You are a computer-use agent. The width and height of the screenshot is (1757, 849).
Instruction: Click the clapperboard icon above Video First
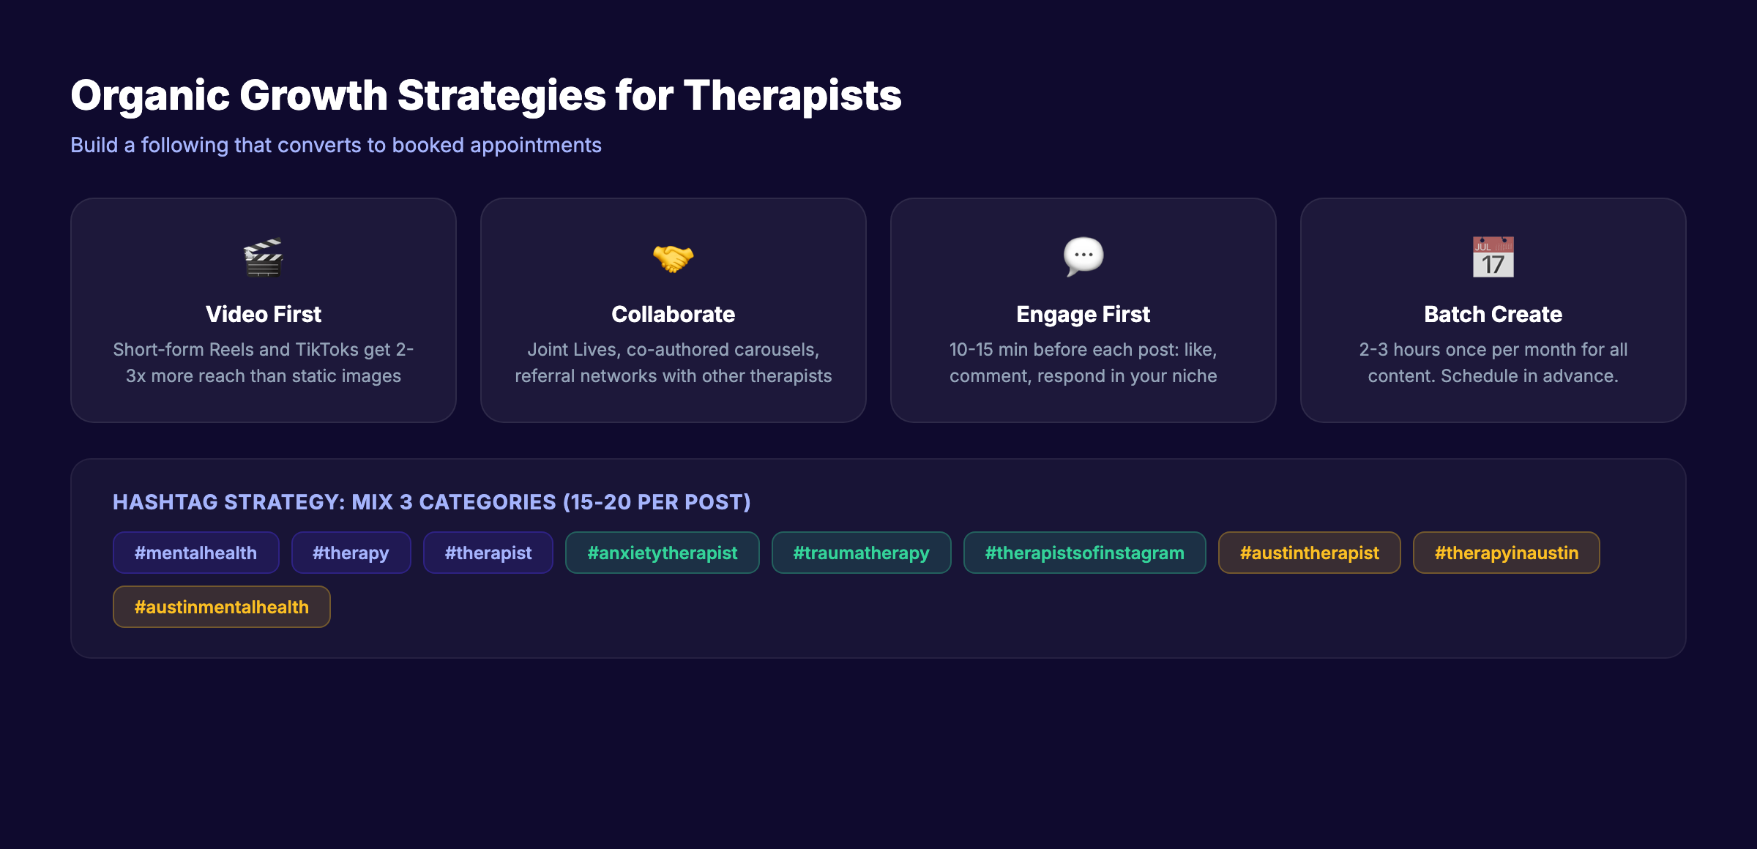[264, 258]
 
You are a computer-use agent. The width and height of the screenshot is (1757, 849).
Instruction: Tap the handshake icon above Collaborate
[673, 258]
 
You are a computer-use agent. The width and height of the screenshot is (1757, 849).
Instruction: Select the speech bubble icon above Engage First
[1083, 256]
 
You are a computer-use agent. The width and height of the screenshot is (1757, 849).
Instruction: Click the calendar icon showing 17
[1493, 257]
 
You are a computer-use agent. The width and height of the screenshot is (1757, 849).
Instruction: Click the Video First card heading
[264, 314]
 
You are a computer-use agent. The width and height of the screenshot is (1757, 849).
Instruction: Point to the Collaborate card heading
[673, 314]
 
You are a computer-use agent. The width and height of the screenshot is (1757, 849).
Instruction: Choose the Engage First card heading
[1083, 314]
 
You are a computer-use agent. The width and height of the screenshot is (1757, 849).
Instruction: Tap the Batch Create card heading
[1493, 314]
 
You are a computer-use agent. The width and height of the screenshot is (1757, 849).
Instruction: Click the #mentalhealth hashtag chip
[195, 553]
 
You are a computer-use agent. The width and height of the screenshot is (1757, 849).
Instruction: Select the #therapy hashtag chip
[351, 553]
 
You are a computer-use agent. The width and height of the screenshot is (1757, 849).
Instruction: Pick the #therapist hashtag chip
[488, 553]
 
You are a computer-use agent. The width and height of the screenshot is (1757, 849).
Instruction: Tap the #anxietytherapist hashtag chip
[662, 553]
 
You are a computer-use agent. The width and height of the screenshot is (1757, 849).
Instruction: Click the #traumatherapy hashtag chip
[861, 553]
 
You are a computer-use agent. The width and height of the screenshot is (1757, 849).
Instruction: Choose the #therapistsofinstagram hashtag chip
[1084, 553]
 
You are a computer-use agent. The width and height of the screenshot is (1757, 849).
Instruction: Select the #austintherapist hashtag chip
[1309, 553]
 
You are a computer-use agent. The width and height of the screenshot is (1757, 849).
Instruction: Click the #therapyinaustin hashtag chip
[1506, 553]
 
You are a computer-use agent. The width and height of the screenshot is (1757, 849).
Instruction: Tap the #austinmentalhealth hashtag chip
[221, 607]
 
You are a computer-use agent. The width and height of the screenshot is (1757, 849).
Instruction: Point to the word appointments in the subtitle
[535, 145]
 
